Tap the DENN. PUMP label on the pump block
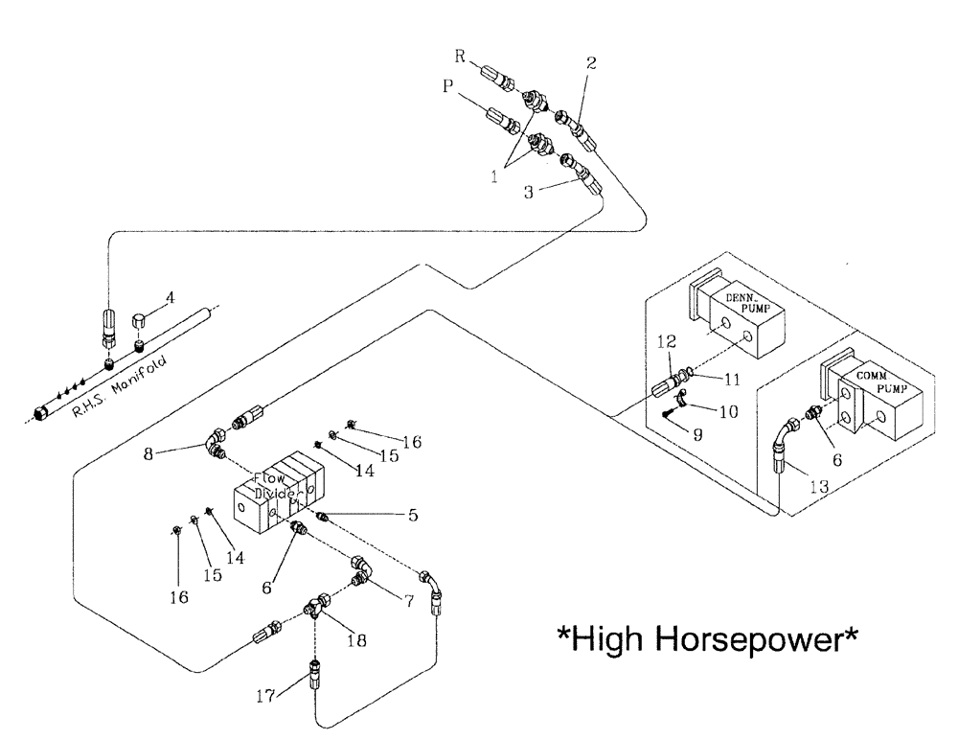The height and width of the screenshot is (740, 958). coord(744,306)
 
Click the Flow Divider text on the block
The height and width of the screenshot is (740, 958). coord(278,485)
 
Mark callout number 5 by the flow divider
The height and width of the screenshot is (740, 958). coord(413,515)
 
